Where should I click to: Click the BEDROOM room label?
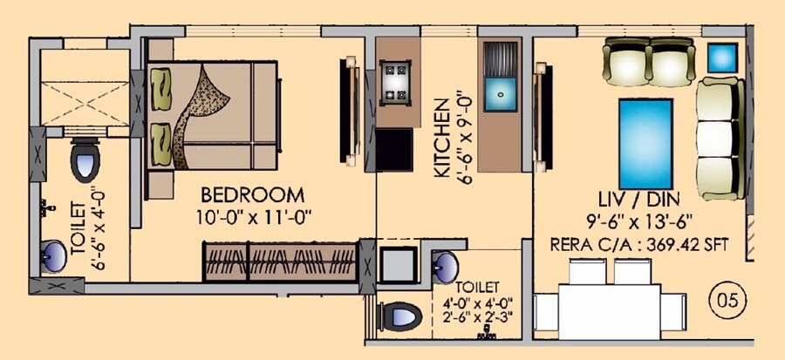[253, 194]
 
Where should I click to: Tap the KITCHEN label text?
[441, 138]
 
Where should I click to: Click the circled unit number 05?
[730, 302]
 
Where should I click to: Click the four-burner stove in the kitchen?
[399, 82]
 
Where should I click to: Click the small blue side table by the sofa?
[722, 57]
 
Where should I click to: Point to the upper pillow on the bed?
[162, 85]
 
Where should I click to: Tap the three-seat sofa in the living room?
[720, 138]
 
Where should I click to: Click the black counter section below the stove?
[399, 147]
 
